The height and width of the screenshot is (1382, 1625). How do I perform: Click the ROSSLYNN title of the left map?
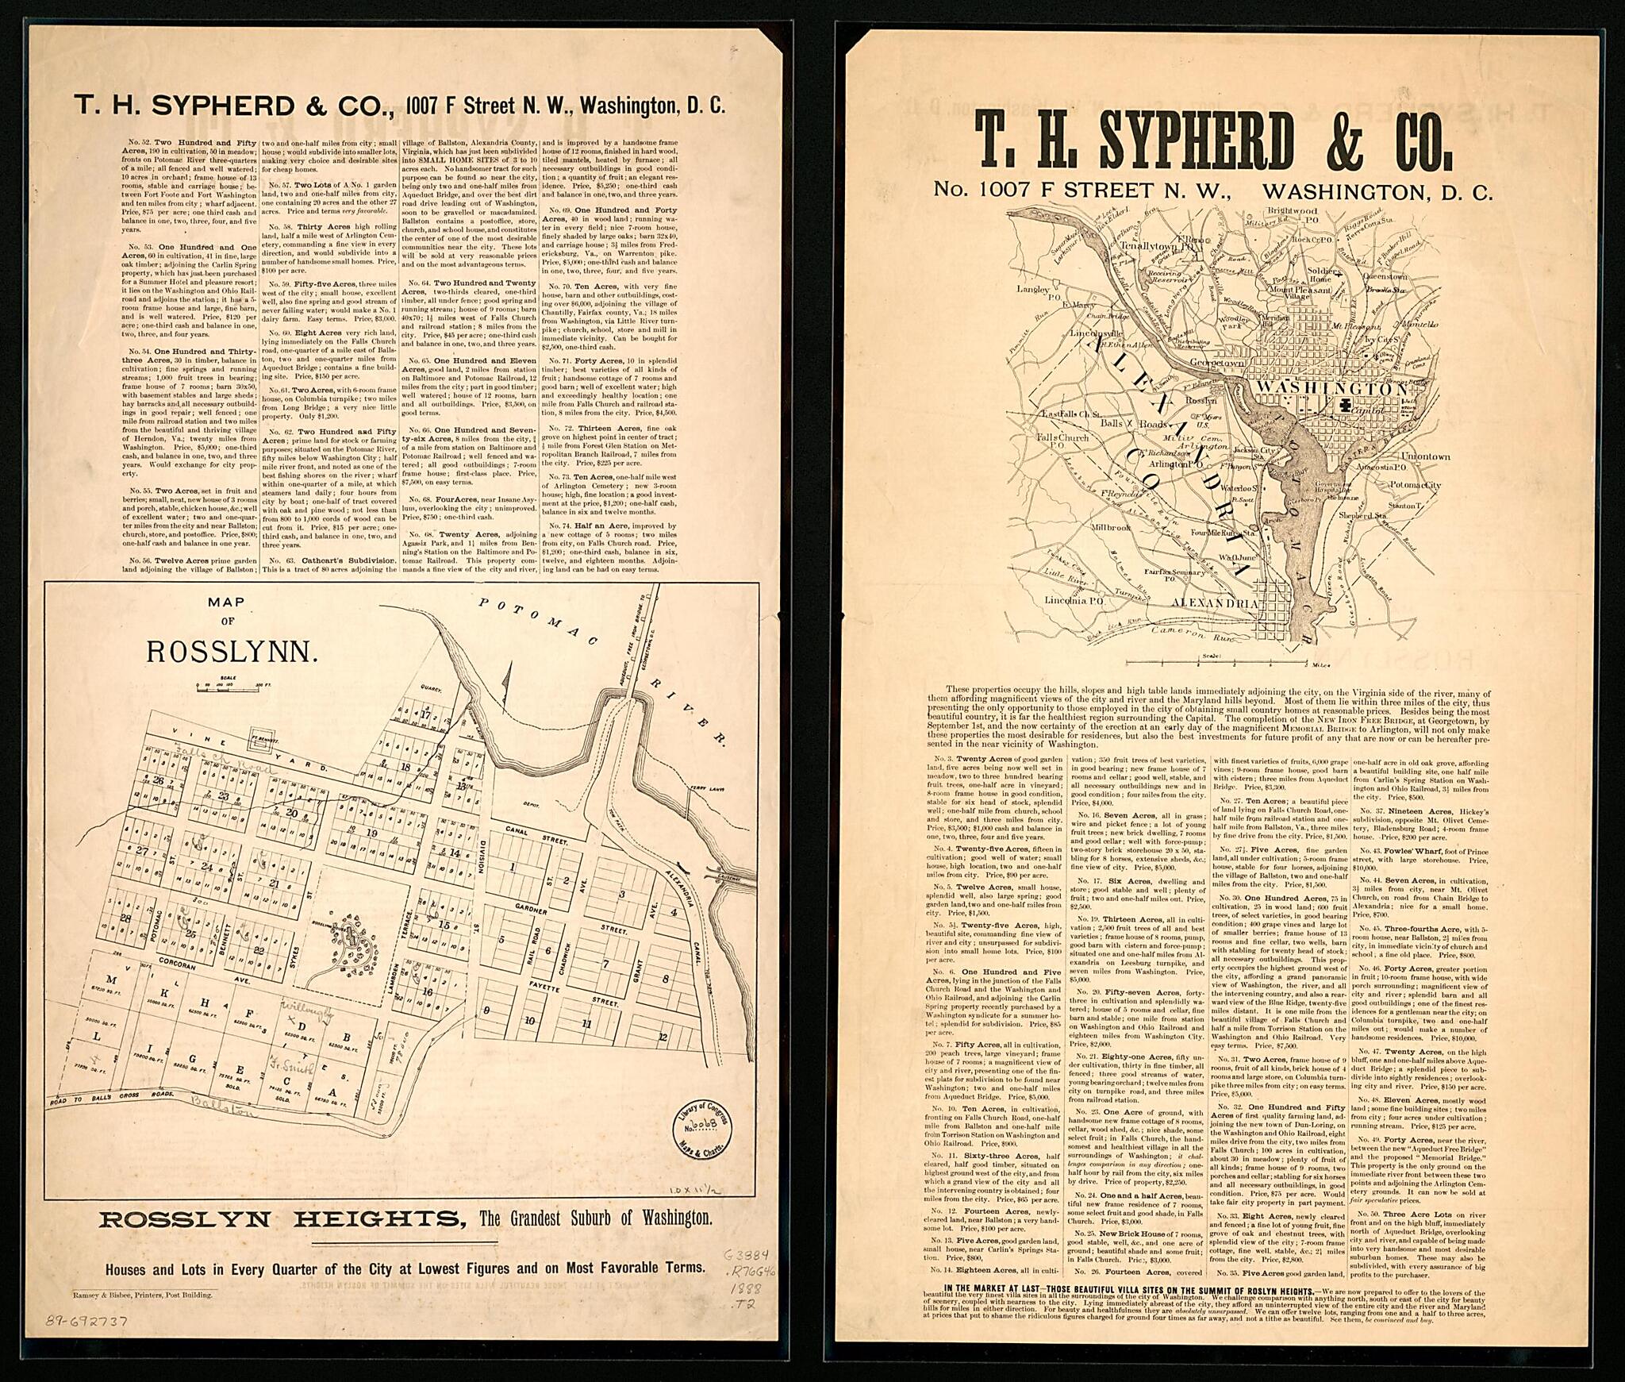pos(232,651)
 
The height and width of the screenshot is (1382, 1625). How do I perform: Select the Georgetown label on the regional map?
pos(1219,362)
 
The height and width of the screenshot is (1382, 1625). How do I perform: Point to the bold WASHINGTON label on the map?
pos(1331,390)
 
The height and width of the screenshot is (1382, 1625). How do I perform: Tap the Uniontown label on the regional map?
pos(1425,456)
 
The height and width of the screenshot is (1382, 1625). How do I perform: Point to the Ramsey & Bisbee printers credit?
pos(142,1294)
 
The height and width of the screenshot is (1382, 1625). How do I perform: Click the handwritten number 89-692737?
pos(87,1322)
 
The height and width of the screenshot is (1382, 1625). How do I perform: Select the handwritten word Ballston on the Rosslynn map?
pos(226,1110)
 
